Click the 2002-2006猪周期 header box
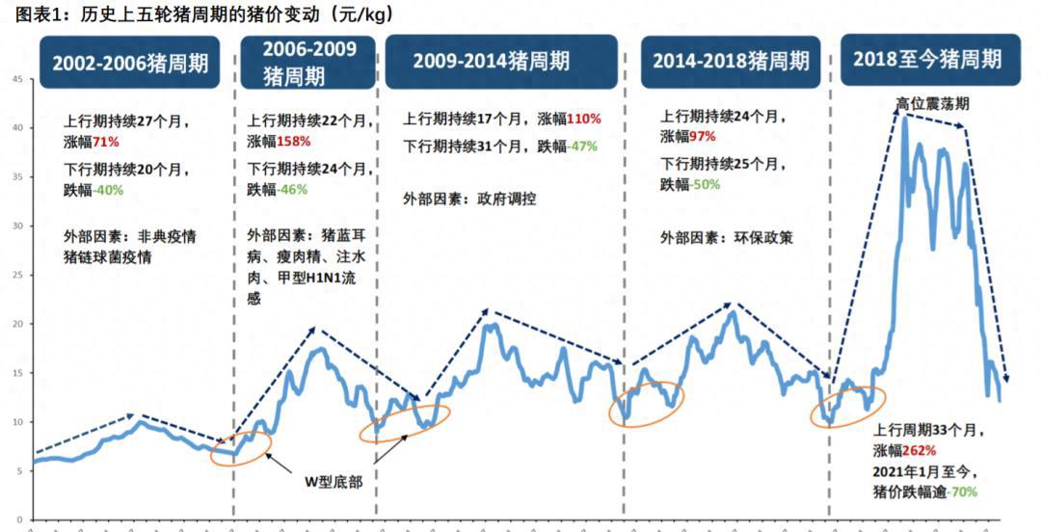point(130,63)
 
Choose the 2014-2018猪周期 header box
point(731,62)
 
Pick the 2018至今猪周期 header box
point(927,60)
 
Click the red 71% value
point(106,142)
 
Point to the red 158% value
point(294,142)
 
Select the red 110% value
point(583,119)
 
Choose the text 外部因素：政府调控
point(469,199)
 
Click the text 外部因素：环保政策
point(727,237)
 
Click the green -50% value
point(705,184)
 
